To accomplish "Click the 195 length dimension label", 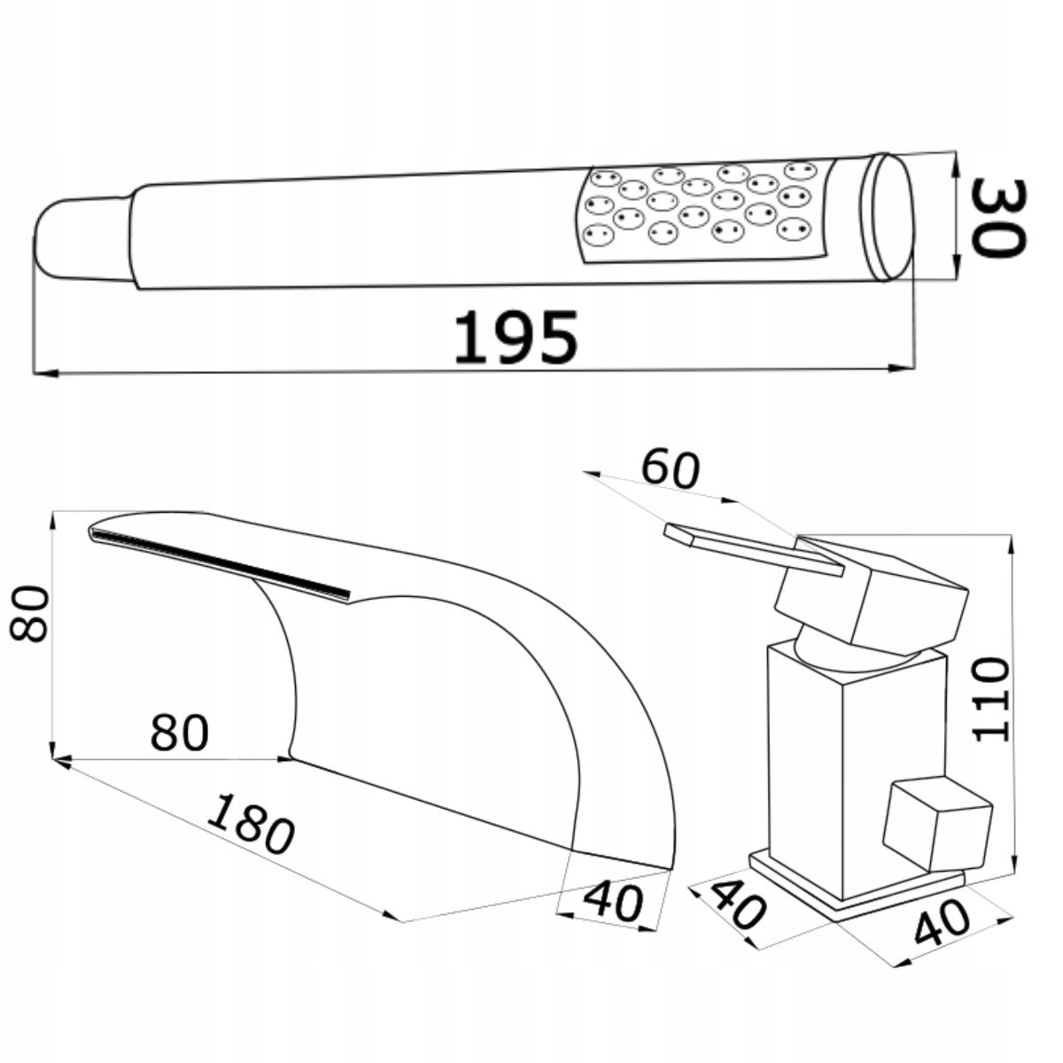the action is (516, 337).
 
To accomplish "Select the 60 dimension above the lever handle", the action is (671, 469).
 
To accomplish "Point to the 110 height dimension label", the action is (990, 699).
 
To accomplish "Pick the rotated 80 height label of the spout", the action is (29, 614).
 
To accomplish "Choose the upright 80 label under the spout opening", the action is (180, 733).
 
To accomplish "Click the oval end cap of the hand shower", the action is (889, 218).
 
